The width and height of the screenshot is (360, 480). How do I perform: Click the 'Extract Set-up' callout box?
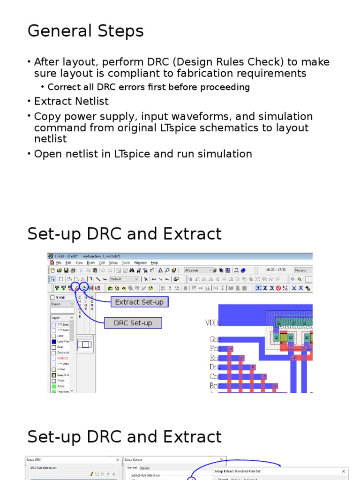pyautogui.click(x=139, y=302)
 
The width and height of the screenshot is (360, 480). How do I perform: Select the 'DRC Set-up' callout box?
pyautogui.click(x=133, y=323)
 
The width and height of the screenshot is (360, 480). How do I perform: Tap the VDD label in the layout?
pyautogui.click(x=211, y=322)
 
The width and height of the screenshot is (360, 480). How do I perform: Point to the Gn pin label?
pyautogui.click(x=214, y=339)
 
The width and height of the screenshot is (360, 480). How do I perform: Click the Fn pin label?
pyautogui.click(x=214, y=349)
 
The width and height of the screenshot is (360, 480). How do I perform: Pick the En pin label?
pyautogui.click(x=214, y=358)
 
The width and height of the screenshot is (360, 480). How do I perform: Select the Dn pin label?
pyautogui.click(x=214, y=367)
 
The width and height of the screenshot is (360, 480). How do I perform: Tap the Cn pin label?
pyautogui.click(x=214, y=376)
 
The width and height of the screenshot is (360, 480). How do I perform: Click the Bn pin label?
pyautogui.click(x=214, y=386)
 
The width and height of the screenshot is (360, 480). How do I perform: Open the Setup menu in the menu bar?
pyautogui.click(x=113, y=263)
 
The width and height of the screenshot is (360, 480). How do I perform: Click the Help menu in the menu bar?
pyautogui.click(x=154, y=263)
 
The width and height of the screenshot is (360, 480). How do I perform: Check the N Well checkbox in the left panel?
pyautogui.click(x=52, y=297)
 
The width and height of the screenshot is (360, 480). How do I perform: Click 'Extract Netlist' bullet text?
pyautogui.click(x=71, y=101)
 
